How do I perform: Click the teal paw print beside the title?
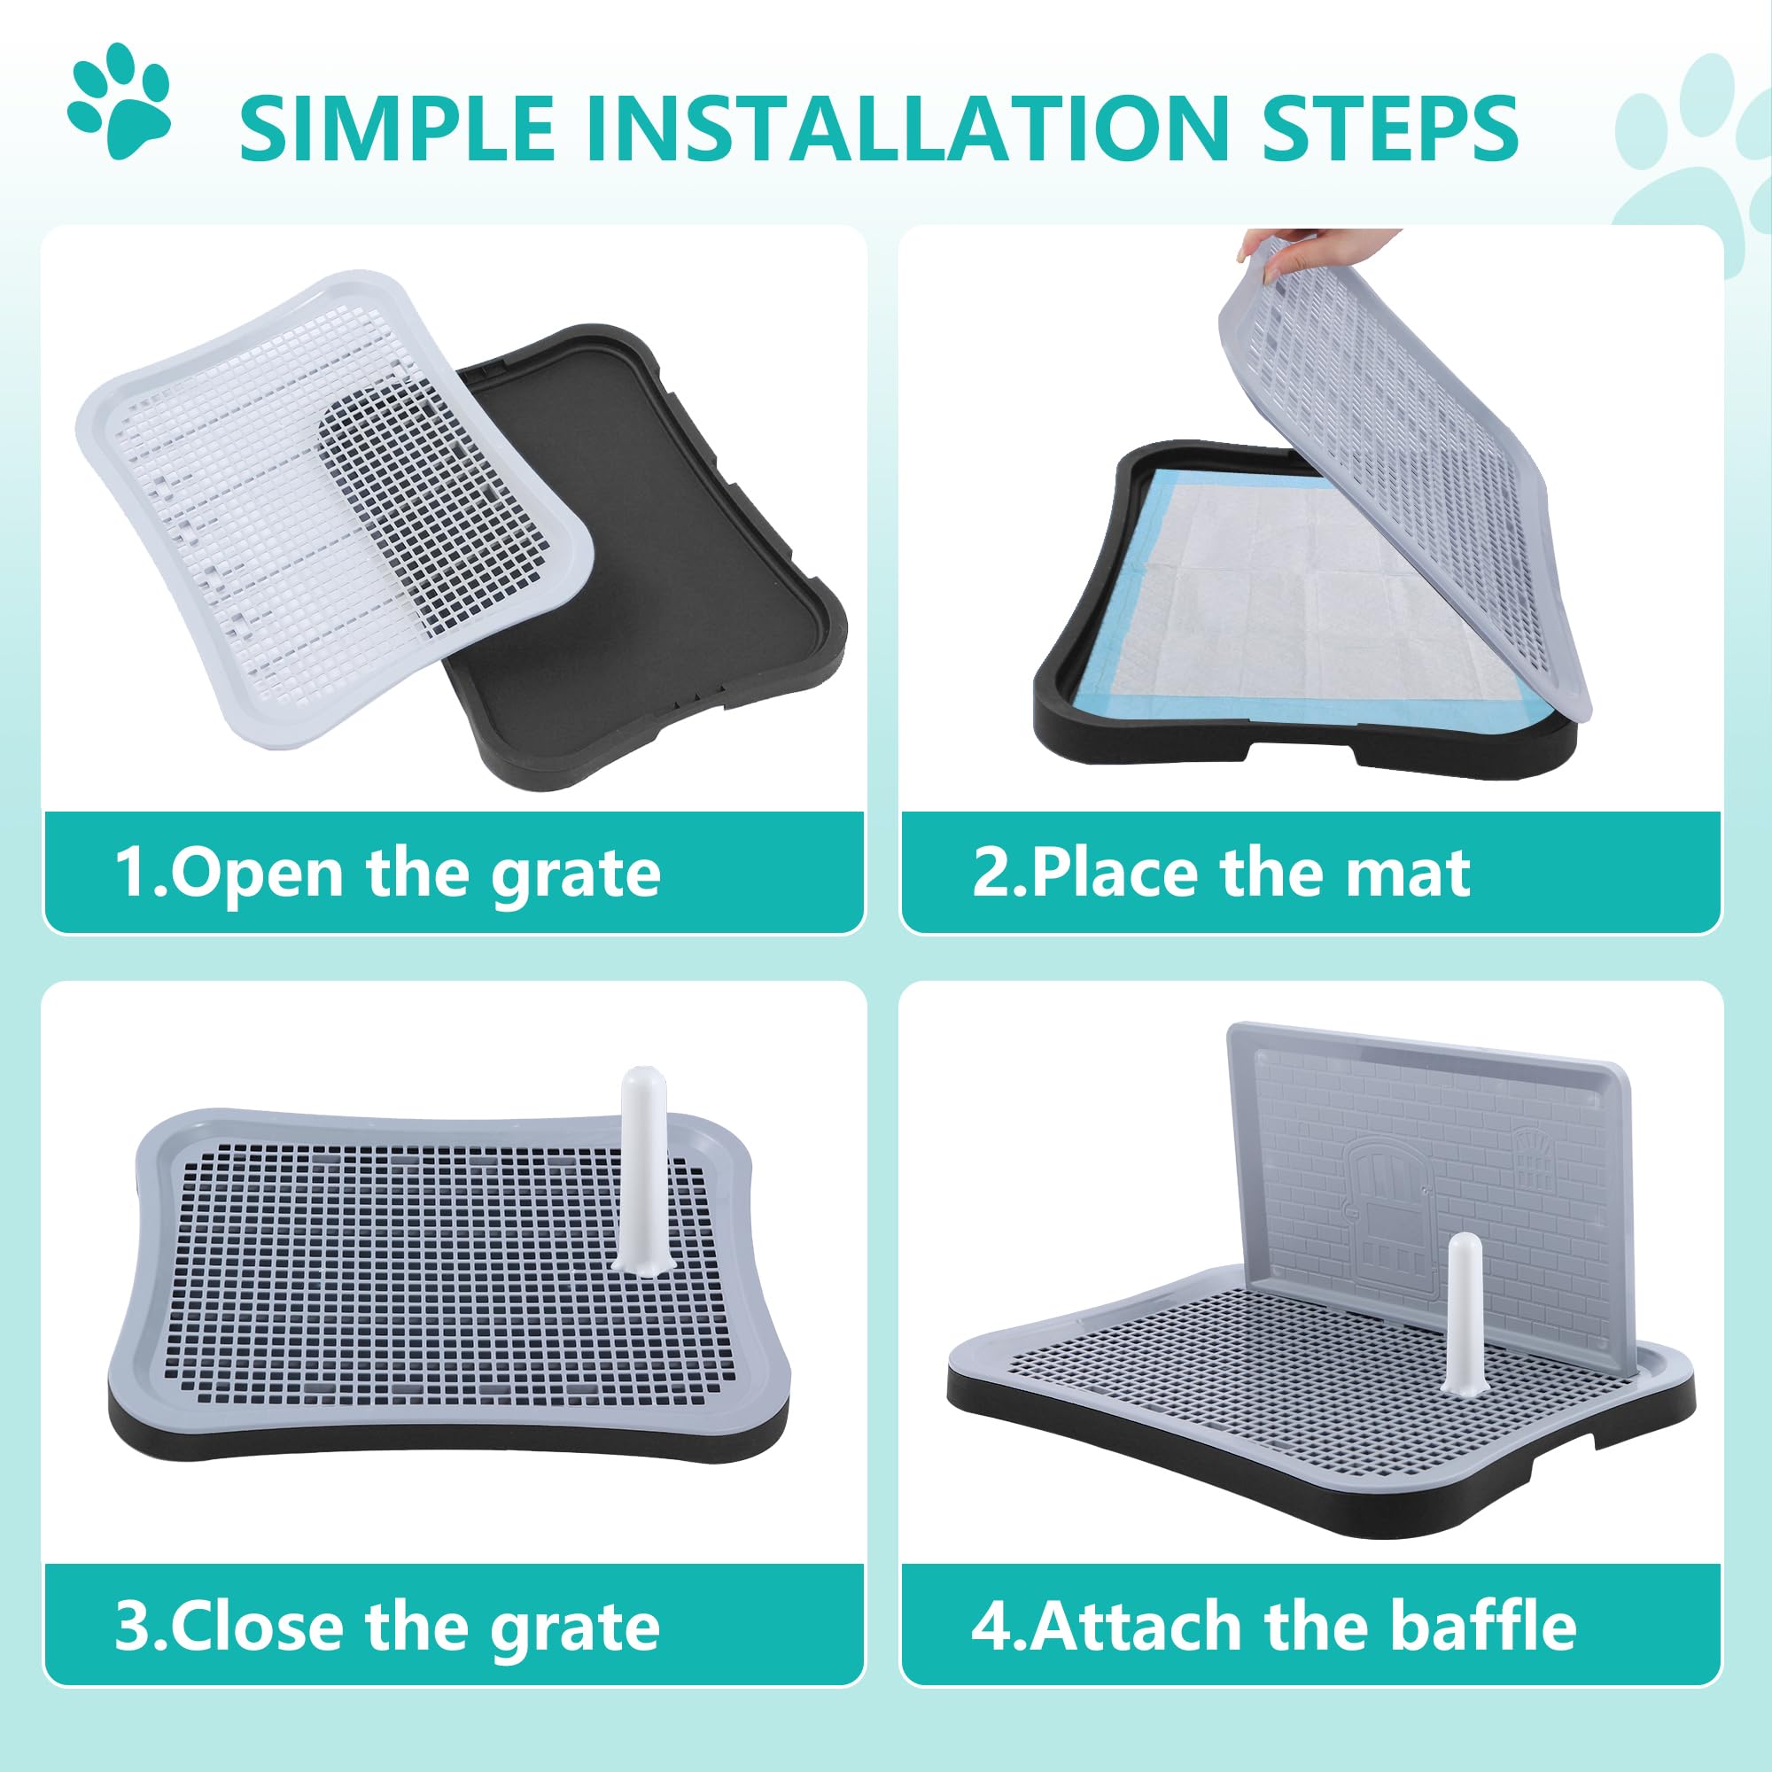tap(120, 103)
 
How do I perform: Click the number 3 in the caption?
tap(131, 1626)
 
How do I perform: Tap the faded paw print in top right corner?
tap(1697, 165)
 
